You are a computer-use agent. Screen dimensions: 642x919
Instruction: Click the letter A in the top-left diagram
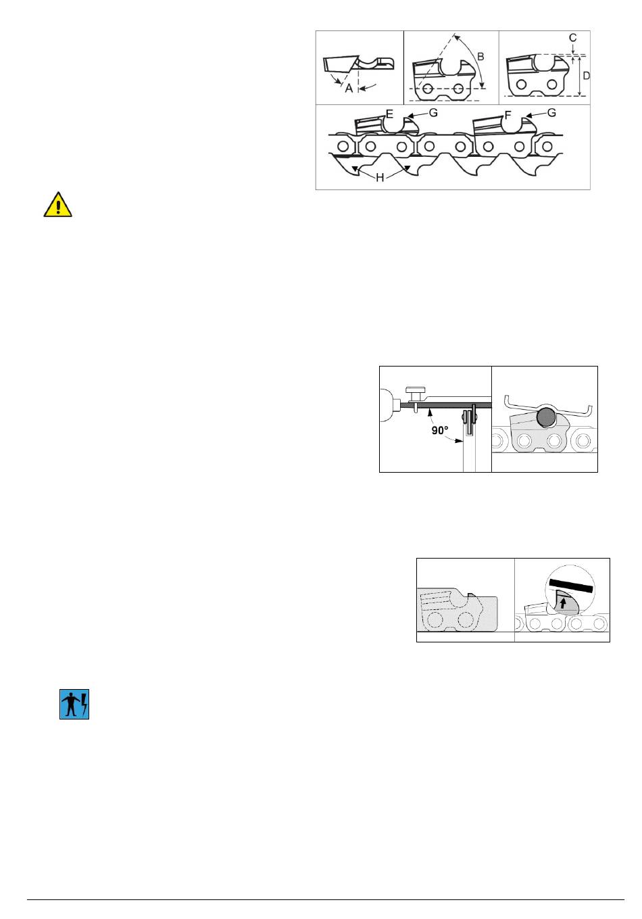point(349,88)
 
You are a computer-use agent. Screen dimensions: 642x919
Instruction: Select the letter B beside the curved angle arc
point(480,57)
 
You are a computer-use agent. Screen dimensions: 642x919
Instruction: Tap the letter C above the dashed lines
point(572,38)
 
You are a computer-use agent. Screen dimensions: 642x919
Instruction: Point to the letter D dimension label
point(586,76)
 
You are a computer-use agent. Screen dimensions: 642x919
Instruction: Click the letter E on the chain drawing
point(389,114)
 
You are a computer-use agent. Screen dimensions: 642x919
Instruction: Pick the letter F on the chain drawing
point(508,115)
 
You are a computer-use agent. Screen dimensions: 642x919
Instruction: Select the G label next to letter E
point(433,112)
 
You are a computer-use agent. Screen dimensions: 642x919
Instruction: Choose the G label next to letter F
point(551,112)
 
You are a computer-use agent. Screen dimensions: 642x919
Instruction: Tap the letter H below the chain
point(380,178)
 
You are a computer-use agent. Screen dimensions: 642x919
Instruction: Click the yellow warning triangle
point(58,204)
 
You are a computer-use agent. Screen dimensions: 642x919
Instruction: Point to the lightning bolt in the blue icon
point(84,704)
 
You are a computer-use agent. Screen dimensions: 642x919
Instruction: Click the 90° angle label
point(440,430)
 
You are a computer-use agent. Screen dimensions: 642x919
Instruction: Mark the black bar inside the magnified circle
point(571,586)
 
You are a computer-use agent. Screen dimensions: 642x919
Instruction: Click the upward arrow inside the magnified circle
point(563,603)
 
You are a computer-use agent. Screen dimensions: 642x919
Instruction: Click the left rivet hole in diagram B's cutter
point(428,88)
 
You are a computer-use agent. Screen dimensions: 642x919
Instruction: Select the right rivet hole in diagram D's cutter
point(552,85)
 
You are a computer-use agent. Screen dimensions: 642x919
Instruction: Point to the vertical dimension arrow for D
point(579,76)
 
